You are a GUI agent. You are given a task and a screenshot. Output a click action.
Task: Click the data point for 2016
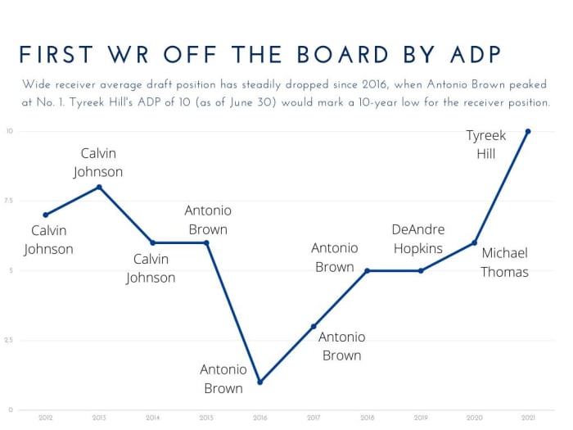[259, 382]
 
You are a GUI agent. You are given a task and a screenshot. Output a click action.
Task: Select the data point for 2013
[99, 187]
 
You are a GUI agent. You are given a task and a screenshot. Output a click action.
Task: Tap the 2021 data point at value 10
[528, 131]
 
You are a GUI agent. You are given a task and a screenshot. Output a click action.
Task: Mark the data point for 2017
[314, 326]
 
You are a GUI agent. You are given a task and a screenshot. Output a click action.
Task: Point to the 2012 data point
[46, 215]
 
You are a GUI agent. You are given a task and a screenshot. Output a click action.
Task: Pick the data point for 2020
[474, 242]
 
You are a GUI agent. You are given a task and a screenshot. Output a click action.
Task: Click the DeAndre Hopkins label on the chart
[417, 238]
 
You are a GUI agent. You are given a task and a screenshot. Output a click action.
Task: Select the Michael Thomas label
[504, 262]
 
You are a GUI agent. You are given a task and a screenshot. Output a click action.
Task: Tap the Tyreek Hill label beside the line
[485, 143]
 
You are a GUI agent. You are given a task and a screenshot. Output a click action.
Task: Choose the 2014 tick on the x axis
[152, 418]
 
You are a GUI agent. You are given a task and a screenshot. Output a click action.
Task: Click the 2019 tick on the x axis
[421, 418]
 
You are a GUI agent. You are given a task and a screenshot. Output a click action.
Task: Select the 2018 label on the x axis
[367, 418]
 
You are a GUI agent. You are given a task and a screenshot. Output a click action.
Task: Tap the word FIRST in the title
[58, 54]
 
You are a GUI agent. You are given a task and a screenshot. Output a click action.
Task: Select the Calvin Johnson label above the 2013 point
[98, 162]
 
